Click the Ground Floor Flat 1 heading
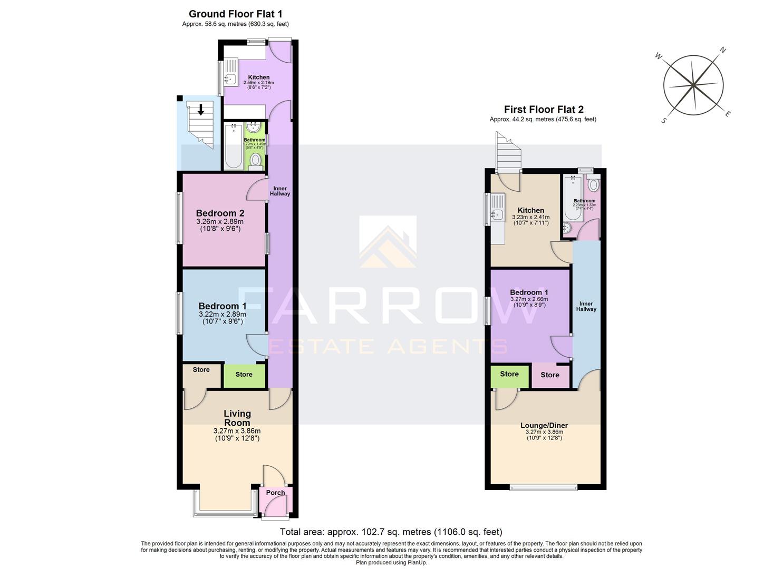(235, 14)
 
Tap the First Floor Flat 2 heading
(543, 110)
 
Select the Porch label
(275, 493)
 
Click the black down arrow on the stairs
(201, 110)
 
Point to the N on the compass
(723, 51)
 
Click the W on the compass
(658, 56)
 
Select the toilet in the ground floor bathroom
(256, 160)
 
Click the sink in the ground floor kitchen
(230, 80)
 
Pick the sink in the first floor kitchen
(496, 214)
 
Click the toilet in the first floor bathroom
(593, 185)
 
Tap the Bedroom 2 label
(220, 213)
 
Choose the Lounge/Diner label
(544, 425)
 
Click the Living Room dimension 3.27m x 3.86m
(237, 431)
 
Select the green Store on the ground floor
(244, 375)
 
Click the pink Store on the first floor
(549, 375)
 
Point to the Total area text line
(391, 532)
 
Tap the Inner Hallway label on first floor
(586, 307)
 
